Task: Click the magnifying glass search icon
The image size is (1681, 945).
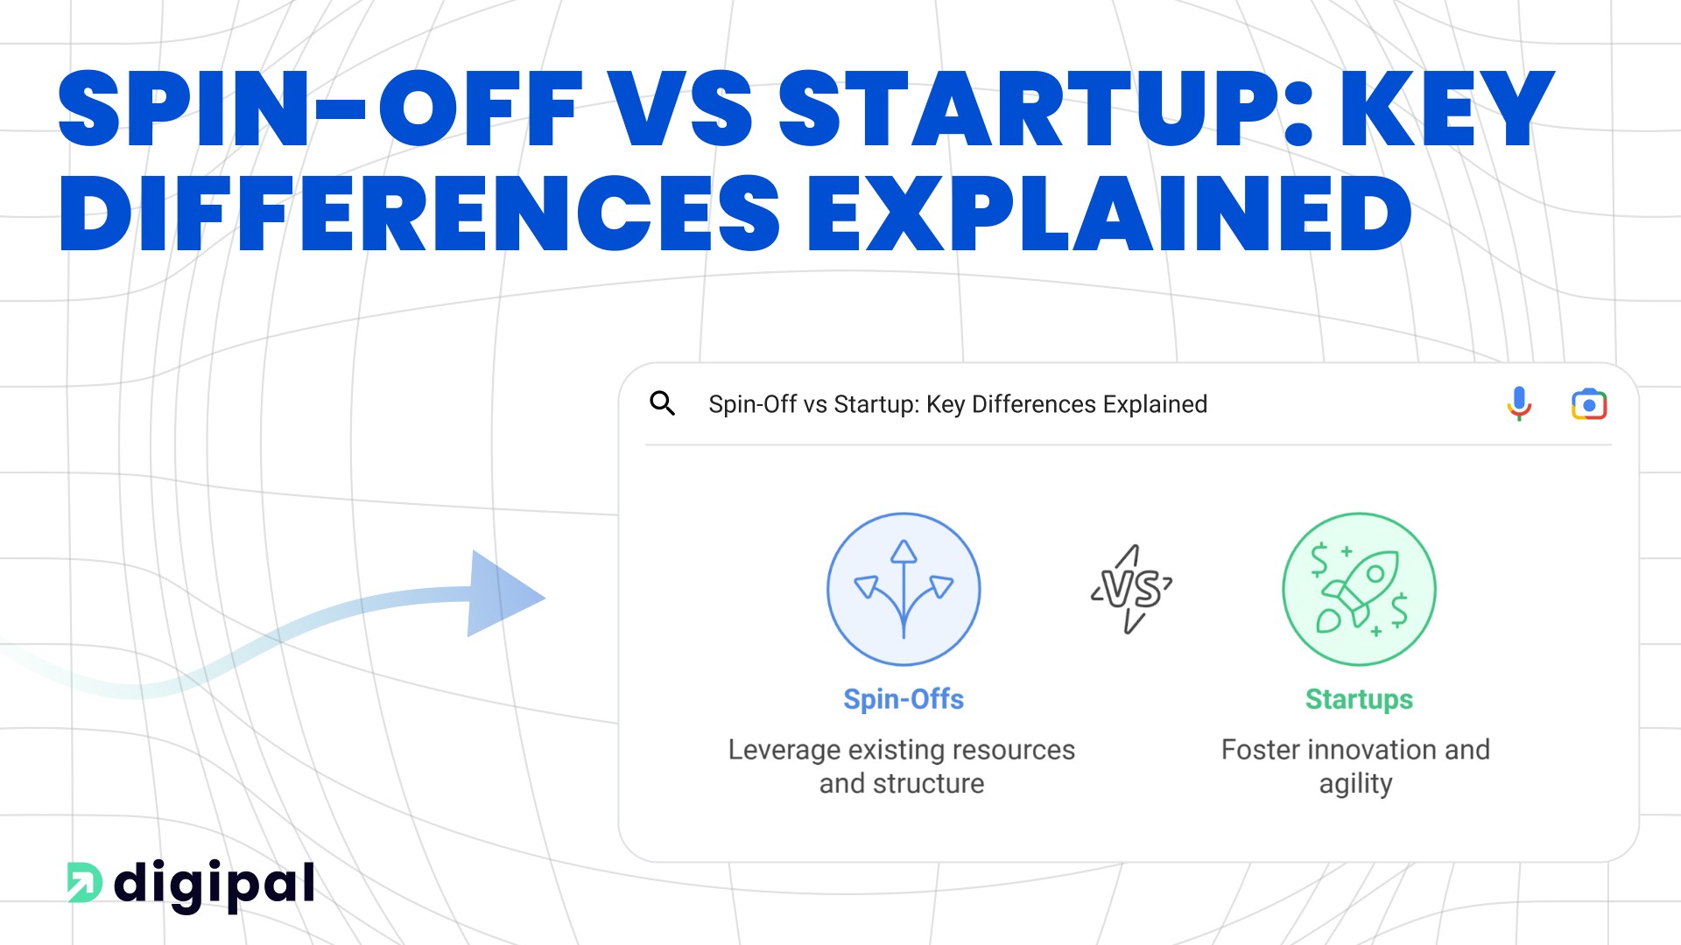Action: coord(663,403)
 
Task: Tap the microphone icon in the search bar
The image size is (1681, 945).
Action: coord(1519,403)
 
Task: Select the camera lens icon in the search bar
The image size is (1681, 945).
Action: coord(1589,404)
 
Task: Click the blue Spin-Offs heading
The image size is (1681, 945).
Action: coord(904,699)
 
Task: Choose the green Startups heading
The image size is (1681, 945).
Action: coord(1359,699)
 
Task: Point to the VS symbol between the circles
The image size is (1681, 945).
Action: coord(1132,589)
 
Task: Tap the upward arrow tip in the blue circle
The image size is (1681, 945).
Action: coord(904,550)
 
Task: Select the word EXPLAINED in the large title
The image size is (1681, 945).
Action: coord(1109,214)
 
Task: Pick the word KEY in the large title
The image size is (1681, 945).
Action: coord(1447,109)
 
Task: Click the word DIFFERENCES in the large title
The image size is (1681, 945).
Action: coord(418,214)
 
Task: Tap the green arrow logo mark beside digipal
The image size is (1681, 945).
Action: coord(85,882)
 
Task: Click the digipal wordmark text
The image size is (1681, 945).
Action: coord(215,885)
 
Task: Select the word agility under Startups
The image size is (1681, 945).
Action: coord(1355,784)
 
